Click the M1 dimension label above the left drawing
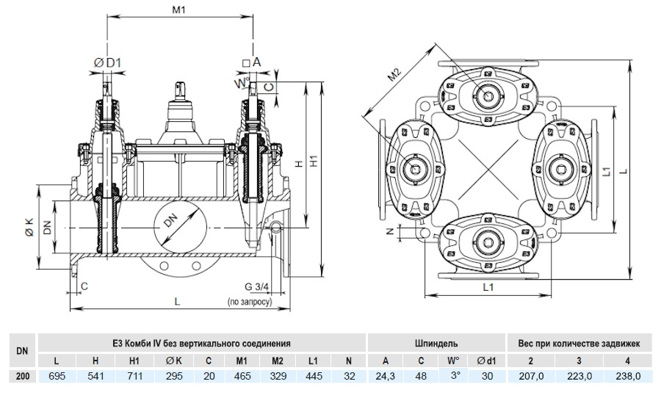[178, 10]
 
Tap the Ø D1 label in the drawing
[107, 63]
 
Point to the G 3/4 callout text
[256, 287]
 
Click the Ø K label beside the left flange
[29, 226]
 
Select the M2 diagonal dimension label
[394, 75]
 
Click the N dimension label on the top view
[391, 231]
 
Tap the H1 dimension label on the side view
[314, 162]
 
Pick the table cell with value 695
[57, 376]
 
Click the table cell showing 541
[95, 376]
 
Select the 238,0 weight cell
[628, 376]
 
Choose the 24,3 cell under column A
[386, 376]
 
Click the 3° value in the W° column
[455, 375]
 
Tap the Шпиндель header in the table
[436, 343]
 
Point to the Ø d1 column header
[487, 361]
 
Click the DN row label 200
[23, 376]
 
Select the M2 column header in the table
[278, 361]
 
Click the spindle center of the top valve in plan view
[489, 95]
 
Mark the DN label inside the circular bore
[170, 220]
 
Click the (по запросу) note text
[250, 302]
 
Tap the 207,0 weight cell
[531, 376]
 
